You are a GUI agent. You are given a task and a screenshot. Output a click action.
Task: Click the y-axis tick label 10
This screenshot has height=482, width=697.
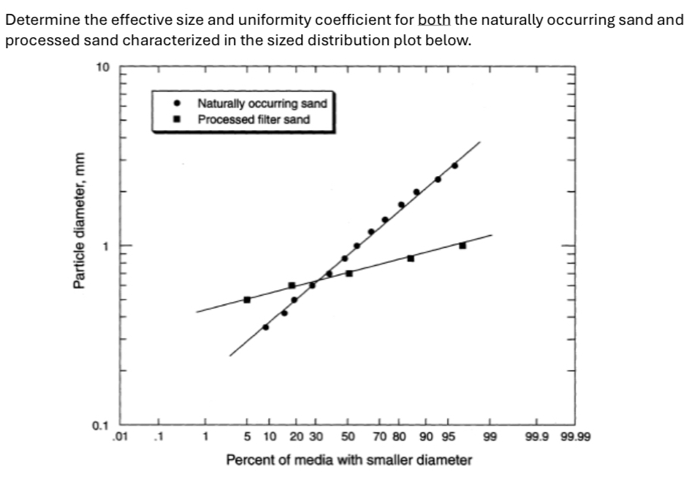point(102,67)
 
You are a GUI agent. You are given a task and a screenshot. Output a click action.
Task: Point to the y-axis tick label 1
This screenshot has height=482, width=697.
point(105,246)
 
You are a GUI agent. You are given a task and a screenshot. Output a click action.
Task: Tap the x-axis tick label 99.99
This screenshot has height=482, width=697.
point(576,438)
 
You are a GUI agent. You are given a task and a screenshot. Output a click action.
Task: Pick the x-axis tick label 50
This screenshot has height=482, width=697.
point(348,438)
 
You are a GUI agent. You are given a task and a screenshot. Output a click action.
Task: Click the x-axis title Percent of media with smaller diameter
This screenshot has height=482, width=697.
point(348,460)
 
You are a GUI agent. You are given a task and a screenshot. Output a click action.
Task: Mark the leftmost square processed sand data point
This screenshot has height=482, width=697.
point(247,299)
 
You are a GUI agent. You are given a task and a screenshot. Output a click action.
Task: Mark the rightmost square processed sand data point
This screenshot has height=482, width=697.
point(462,245)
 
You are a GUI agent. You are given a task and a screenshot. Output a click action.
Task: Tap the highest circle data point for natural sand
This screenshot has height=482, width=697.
point(454,165)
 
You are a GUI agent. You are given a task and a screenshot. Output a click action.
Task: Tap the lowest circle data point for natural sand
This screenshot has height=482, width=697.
point(265,326)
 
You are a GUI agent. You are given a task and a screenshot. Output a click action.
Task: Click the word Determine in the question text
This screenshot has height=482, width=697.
point(34,20)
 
